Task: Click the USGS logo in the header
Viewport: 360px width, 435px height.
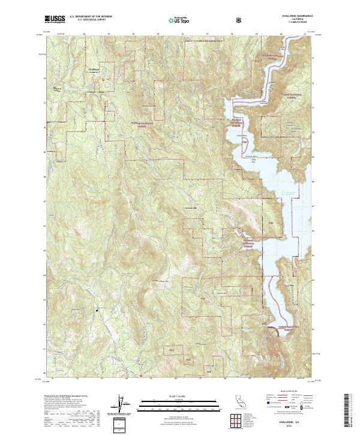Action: (55, 19)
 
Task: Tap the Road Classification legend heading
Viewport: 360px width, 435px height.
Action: (287, 391)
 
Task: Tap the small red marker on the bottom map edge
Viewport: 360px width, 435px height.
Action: (140, 376)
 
